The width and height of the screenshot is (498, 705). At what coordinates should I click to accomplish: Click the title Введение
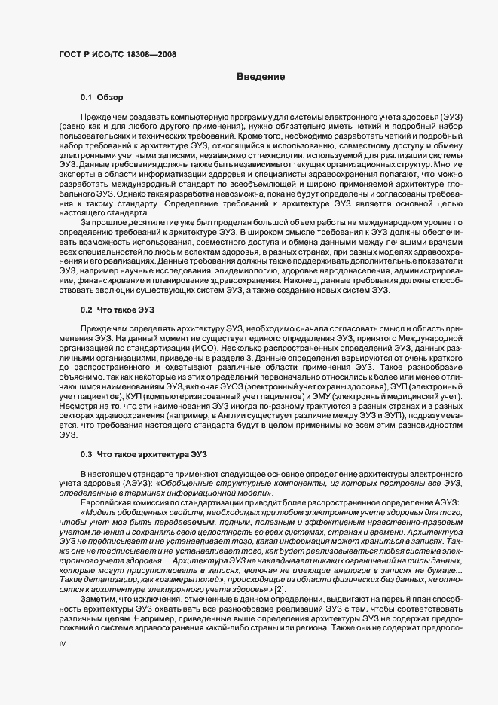261,77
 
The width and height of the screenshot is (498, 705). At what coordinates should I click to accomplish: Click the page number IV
63,645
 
